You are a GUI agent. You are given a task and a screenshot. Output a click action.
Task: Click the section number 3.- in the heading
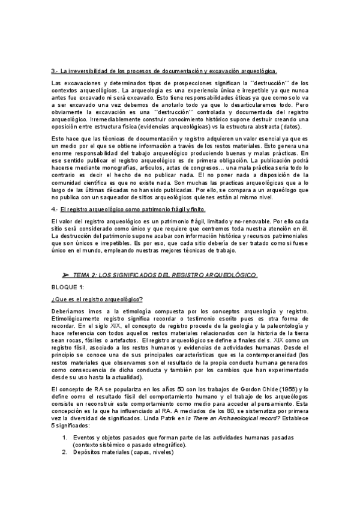[55, 71]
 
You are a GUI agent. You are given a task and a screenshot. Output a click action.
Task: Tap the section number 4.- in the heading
[55, 209]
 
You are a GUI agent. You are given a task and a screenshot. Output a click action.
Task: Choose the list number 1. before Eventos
[65, 439]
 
